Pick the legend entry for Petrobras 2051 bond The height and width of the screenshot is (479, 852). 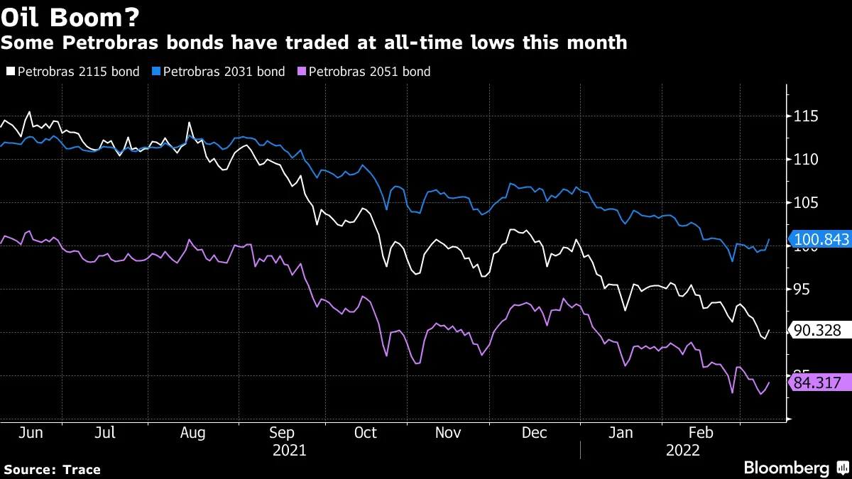364,72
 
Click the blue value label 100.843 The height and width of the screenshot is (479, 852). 821,240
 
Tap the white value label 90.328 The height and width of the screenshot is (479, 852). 818,331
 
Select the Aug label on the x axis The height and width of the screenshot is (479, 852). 192,432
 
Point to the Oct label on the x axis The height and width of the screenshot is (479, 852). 365,432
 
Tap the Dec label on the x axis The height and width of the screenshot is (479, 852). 535,432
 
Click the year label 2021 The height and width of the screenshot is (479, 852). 290,450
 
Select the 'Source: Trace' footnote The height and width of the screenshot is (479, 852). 53,469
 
